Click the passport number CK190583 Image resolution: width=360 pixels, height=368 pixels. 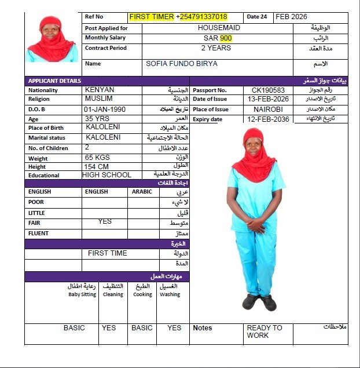[x=268, y=90]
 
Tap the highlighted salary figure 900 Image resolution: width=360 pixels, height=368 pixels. [x=226, y=38]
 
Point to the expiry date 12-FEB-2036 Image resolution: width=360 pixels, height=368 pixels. [x=268, y=119]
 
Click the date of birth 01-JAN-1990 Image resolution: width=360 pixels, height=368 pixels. [x=105, y=109]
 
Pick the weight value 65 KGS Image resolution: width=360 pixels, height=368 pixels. [x=97, y=158]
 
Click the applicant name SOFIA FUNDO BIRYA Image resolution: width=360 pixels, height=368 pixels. [x=182, y=64]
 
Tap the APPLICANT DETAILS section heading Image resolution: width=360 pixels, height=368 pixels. [x=55, y=81]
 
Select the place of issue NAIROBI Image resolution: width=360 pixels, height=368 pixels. [x=268, y=109]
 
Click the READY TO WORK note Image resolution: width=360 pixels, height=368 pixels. [x=265, y=331]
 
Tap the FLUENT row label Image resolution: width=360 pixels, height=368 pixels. [x=38, y=234]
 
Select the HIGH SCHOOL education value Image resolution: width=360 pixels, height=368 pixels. [x=106, y=175]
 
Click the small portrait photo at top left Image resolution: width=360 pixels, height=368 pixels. [x=52, y=38]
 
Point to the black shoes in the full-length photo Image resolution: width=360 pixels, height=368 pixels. [x=259, y=301]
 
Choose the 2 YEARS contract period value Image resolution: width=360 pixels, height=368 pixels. [x=215, y=48]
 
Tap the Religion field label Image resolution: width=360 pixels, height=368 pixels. [x=39, y=99]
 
